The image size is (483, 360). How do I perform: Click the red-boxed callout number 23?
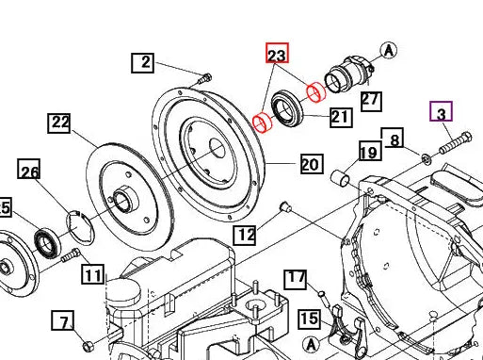277,56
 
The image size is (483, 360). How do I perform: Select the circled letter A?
390,50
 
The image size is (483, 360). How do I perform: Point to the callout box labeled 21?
340,117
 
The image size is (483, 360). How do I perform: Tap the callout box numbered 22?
60,123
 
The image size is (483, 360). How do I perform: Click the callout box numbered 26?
30,171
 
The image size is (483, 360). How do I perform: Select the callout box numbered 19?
368,153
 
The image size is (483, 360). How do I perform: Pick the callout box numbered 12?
245,234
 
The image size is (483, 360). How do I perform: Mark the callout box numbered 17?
297,278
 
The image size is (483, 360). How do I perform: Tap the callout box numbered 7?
63,322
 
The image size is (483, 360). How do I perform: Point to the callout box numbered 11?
92,275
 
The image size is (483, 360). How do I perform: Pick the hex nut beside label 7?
88,342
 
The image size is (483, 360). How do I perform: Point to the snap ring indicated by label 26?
80,229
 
